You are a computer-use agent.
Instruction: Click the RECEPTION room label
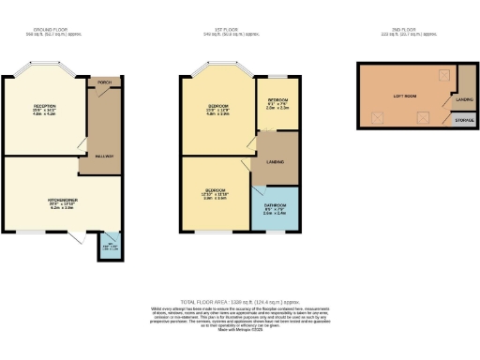[45, 107]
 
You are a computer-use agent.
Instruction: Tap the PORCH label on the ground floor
[105, 82]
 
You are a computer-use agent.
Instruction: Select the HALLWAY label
[103, 156]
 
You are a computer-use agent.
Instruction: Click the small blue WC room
[112, 247]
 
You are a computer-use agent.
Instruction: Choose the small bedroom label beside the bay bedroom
[277, 99]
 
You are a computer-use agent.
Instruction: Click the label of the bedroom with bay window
[217, 107]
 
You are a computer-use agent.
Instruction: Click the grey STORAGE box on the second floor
[463, 120]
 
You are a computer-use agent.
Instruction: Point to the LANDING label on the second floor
[463, 97]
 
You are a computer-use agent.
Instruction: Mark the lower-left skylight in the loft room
[378, 117]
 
